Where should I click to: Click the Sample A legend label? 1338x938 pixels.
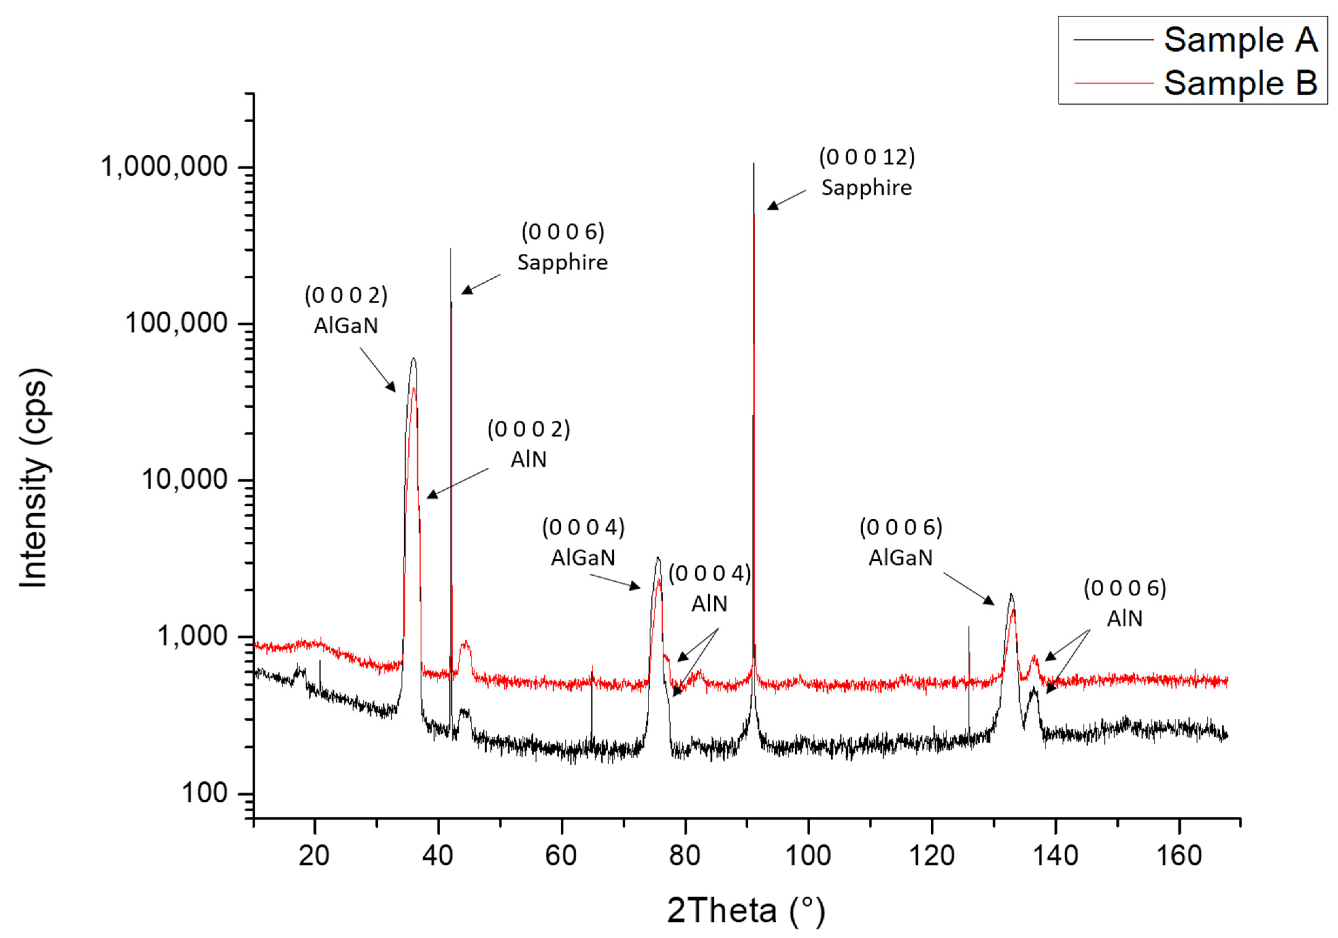[1240, 40]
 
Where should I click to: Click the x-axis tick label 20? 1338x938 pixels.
[314, 856]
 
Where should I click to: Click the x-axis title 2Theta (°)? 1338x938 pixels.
[746, 910]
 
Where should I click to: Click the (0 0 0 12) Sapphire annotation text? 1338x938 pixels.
[866, 172]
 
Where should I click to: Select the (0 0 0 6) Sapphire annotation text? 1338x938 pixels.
[562, 247]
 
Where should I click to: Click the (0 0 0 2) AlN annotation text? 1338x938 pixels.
[528, 444]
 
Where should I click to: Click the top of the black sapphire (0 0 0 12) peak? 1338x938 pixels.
[753, 164]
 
